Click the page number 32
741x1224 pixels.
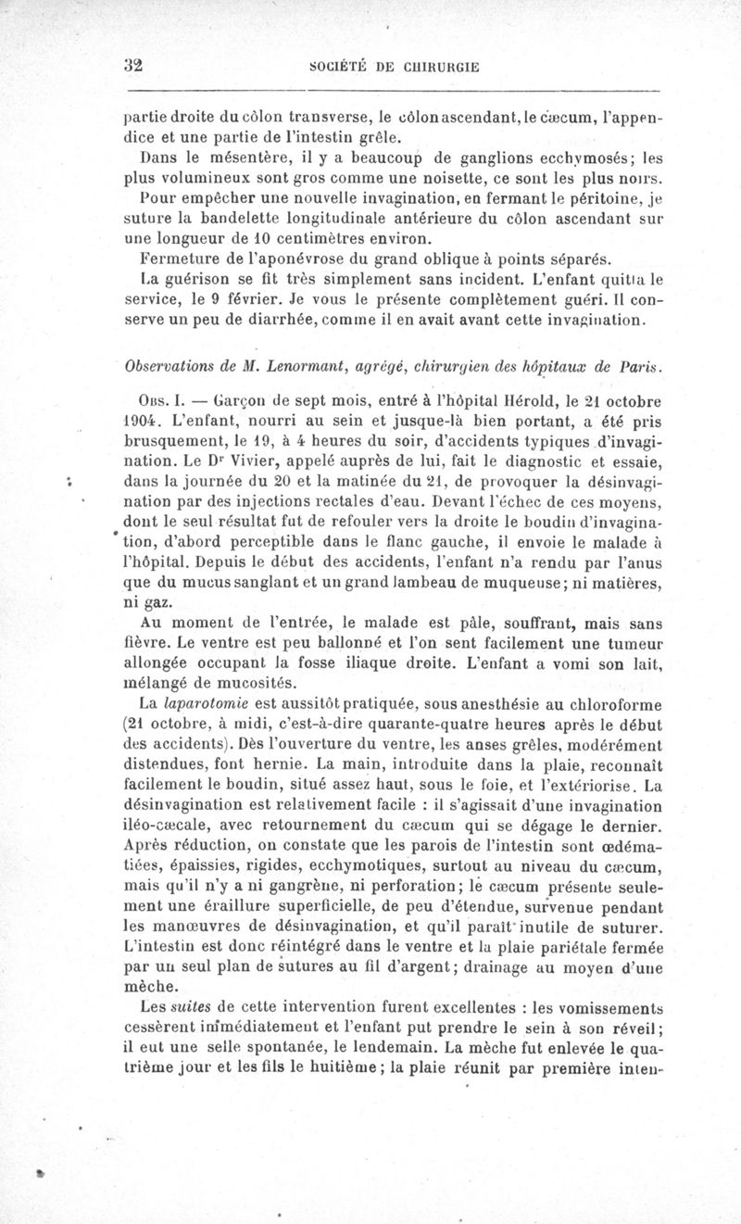(137, 66)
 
